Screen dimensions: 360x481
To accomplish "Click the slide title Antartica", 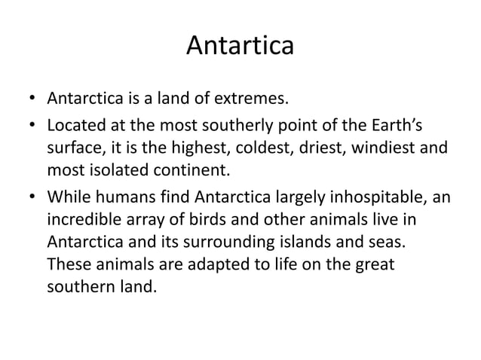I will tap(240, 47).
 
